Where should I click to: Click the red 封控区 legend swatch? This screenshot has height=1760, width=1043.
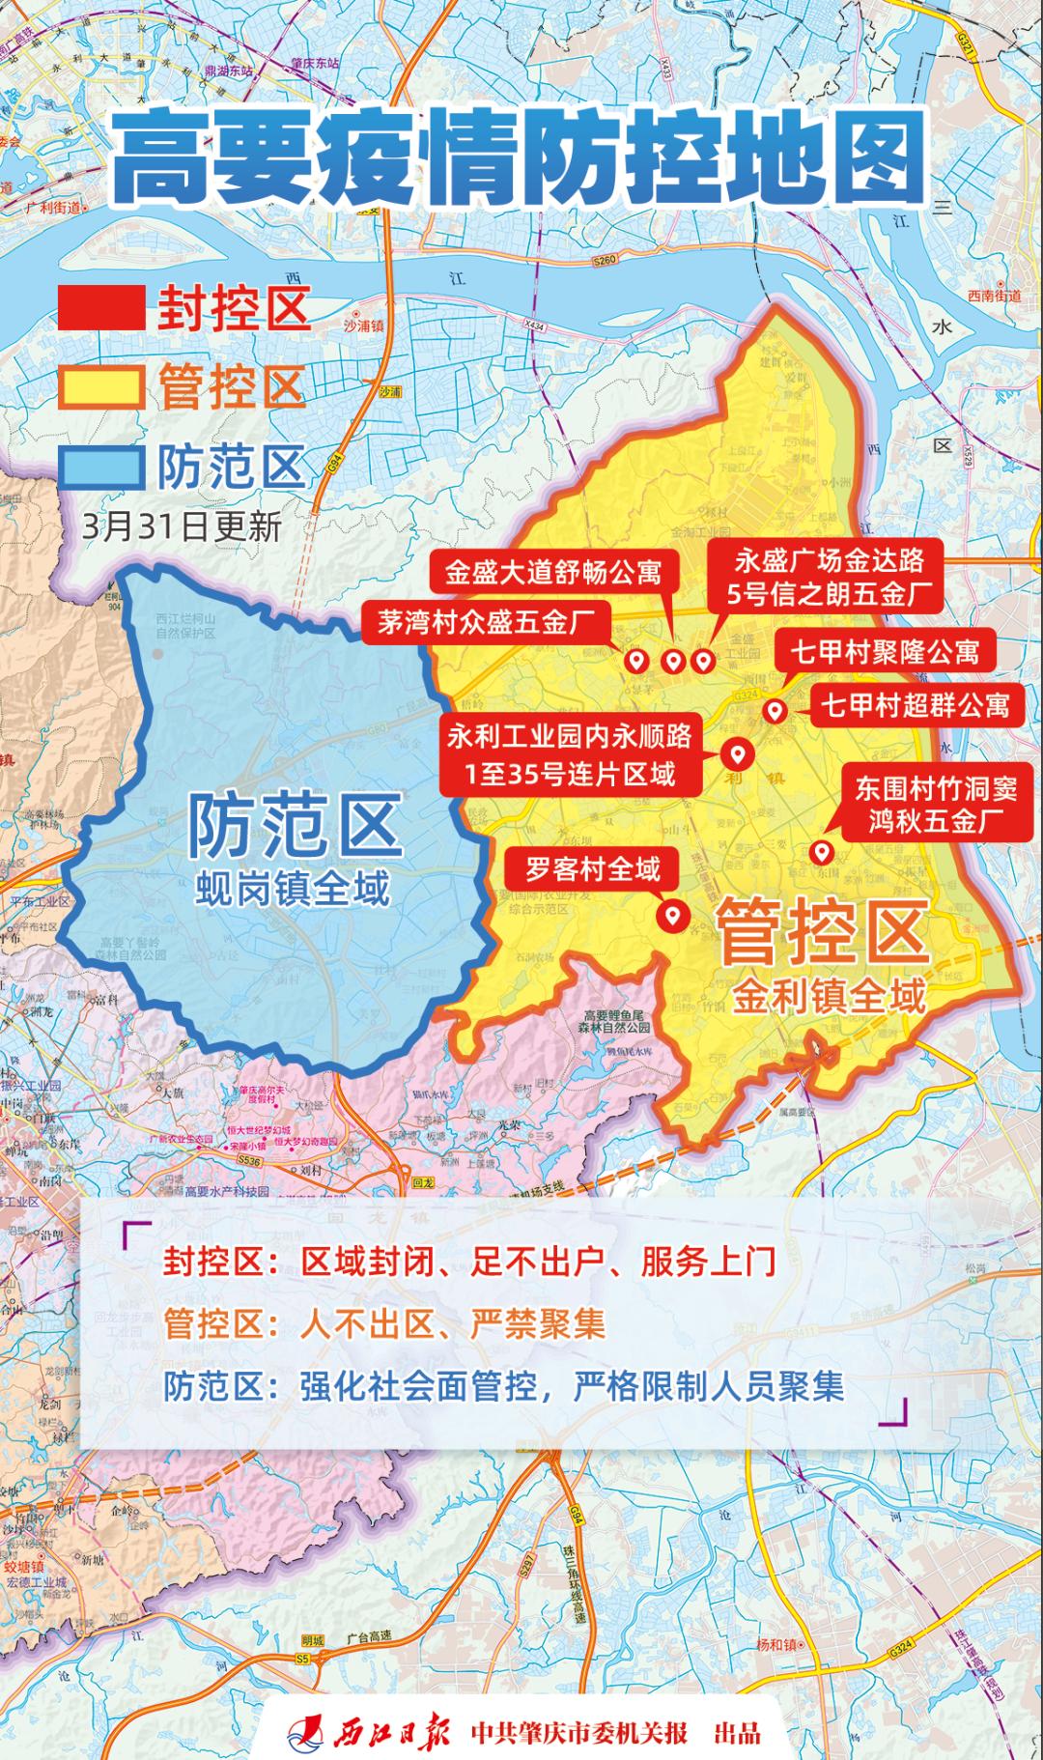101,308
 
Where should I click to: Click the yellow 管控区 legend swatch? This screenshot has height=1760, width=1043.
101,388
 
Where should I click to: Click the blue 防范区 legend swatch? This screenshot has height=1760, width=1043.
101,468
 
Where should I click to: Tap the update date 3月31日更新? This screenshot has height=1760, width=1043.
183,527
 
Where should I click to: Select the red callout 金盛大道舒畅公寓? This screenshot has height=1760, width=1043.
553,573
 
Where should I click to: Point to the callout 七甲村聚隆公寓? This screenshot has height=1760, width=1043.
885,652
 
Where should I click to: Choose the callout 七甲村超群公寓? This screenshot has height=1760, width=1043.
915,706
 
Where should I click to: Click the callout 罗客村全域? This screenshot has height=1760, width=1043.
593,870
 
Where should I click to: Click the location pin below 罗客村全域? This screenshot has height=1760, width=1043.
670,913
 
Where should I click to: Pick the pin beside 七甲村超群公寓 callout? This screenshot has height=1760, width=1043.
774,712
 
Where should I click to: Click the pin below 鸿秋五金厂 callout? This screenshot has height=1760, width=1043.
822,852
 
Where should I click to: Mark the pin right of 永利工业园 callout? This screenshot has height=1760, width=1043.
738,753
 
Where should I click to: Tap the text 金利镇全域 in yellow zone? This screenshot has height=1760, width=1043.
829,995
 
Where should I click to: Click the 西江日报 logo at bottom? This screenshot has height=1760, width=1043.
371,1731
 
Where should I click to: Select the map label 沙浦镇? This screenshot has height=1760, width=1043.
364,326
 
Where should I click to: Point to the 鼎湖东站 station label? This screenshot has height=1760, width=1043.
224,71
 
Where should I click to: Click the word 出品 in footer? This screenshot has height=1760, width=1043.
737,1732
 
